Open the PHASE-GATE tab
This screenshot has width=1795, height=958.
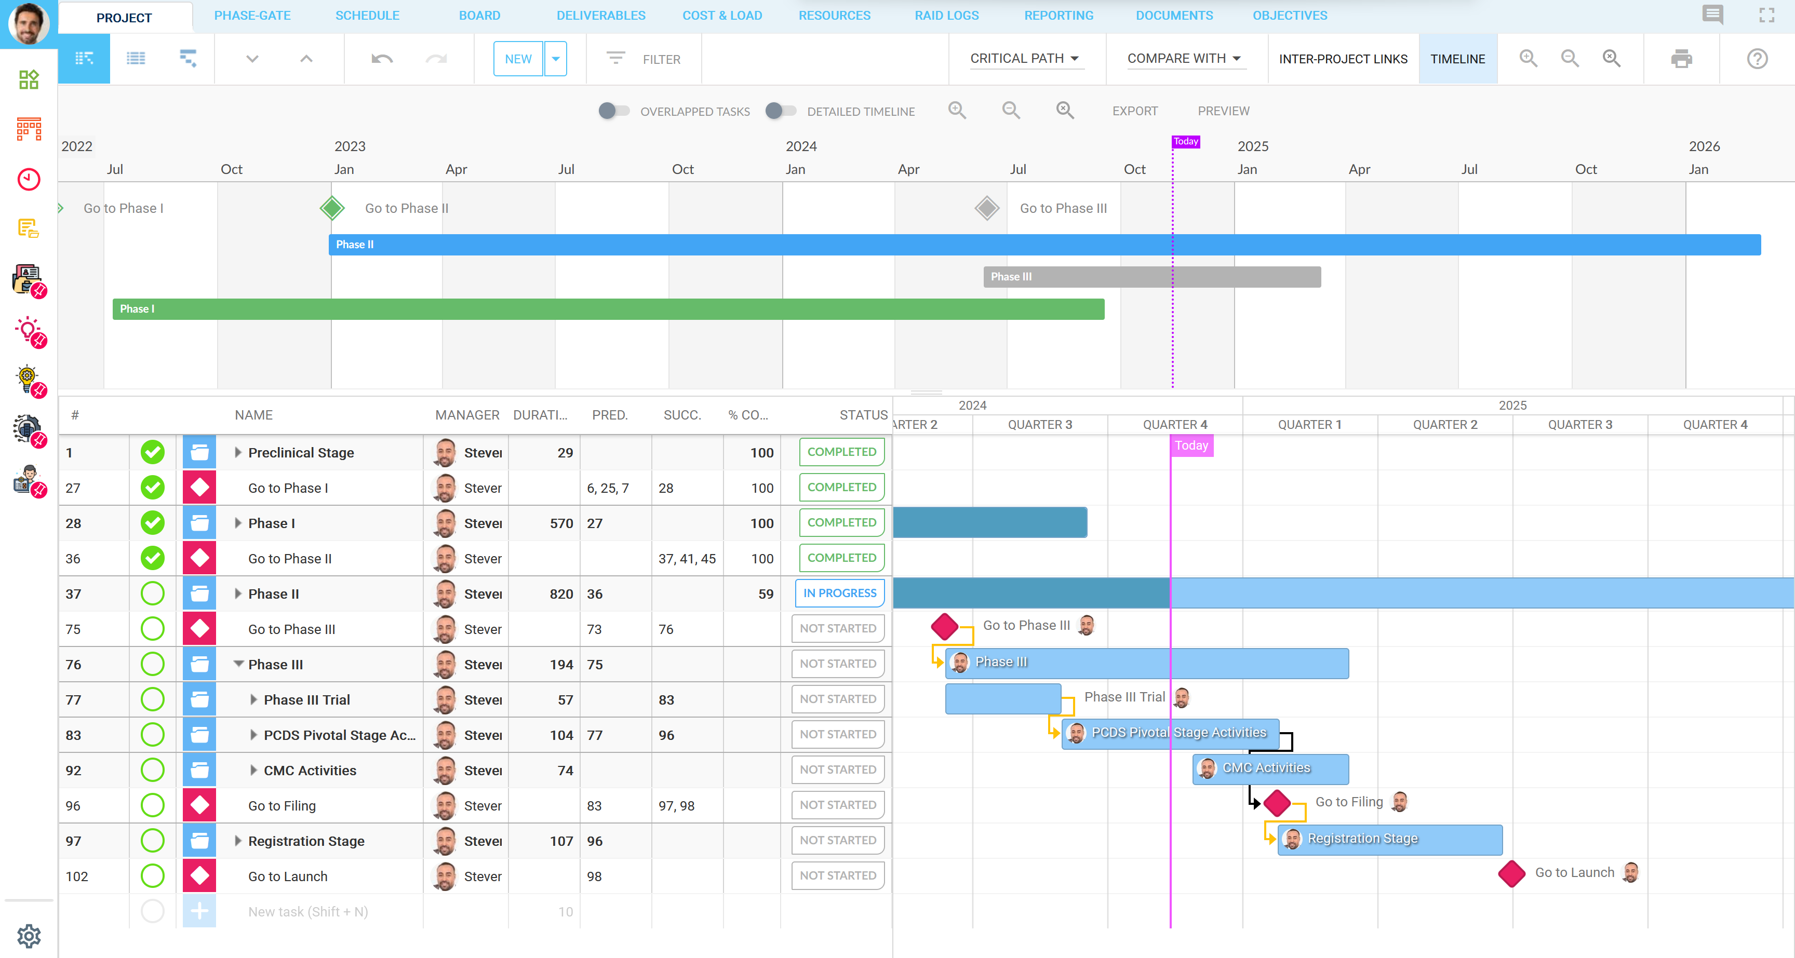[252, 16]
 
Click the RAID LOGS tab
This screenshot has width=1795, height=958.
[946, 16]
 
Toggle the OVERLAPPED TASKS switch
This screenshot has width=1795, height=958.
[613, 111]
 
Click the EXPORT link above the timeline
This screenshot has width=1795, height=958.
[1134, 111]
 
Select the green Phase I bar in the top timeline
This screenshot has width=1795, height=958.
[608, 308]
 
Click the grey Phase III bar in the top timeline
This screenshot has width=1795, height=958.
[1151, 277]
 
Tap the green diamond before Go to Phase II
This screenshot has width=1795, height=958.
[332, 208]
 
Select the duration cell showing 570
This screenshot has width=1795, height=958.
[560, 523]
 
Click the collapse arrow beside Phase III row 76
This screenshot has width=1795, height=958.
[238, 664]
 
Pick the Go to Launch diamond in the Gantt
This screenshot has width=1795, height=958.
[1511, 873]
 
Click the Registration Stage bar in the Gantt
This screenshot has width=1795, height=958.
[1389, 839]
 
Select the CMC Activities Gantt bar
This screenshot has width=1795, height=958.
[1270, 768]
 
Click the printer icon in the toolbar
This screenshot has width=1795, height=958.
[1681, 59]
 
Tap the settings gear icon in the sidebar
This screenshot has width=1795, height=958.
[29, 935]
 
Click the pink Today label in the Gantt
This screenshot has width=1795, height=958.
[1191, 445]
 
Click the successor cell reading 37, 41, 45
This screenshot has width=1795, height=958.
[686, 559]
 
